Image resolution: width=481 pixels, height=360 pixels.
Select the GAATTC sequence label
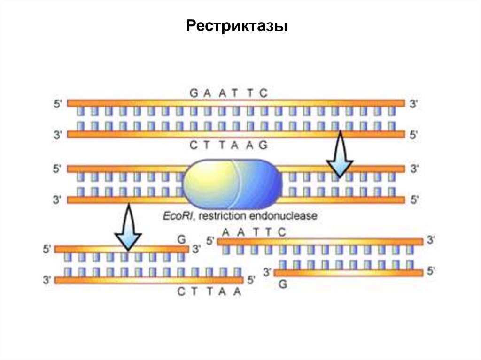(229, 93)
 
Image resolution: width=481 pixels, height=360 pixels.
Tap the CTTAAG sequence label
(229, 145)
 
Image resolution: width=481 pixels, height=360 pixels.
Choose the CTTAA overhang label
(209, 291)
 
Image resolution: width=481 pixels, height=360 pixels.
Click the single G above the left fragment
(182, 239)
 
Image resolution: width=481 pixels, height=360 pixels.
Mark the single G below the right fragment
(283, 284)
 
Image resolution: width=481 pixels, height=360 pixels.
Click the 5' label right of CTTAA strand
(251, 280)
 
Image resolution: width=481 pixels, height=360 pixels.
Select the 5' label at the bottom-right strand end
(431, 271)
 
